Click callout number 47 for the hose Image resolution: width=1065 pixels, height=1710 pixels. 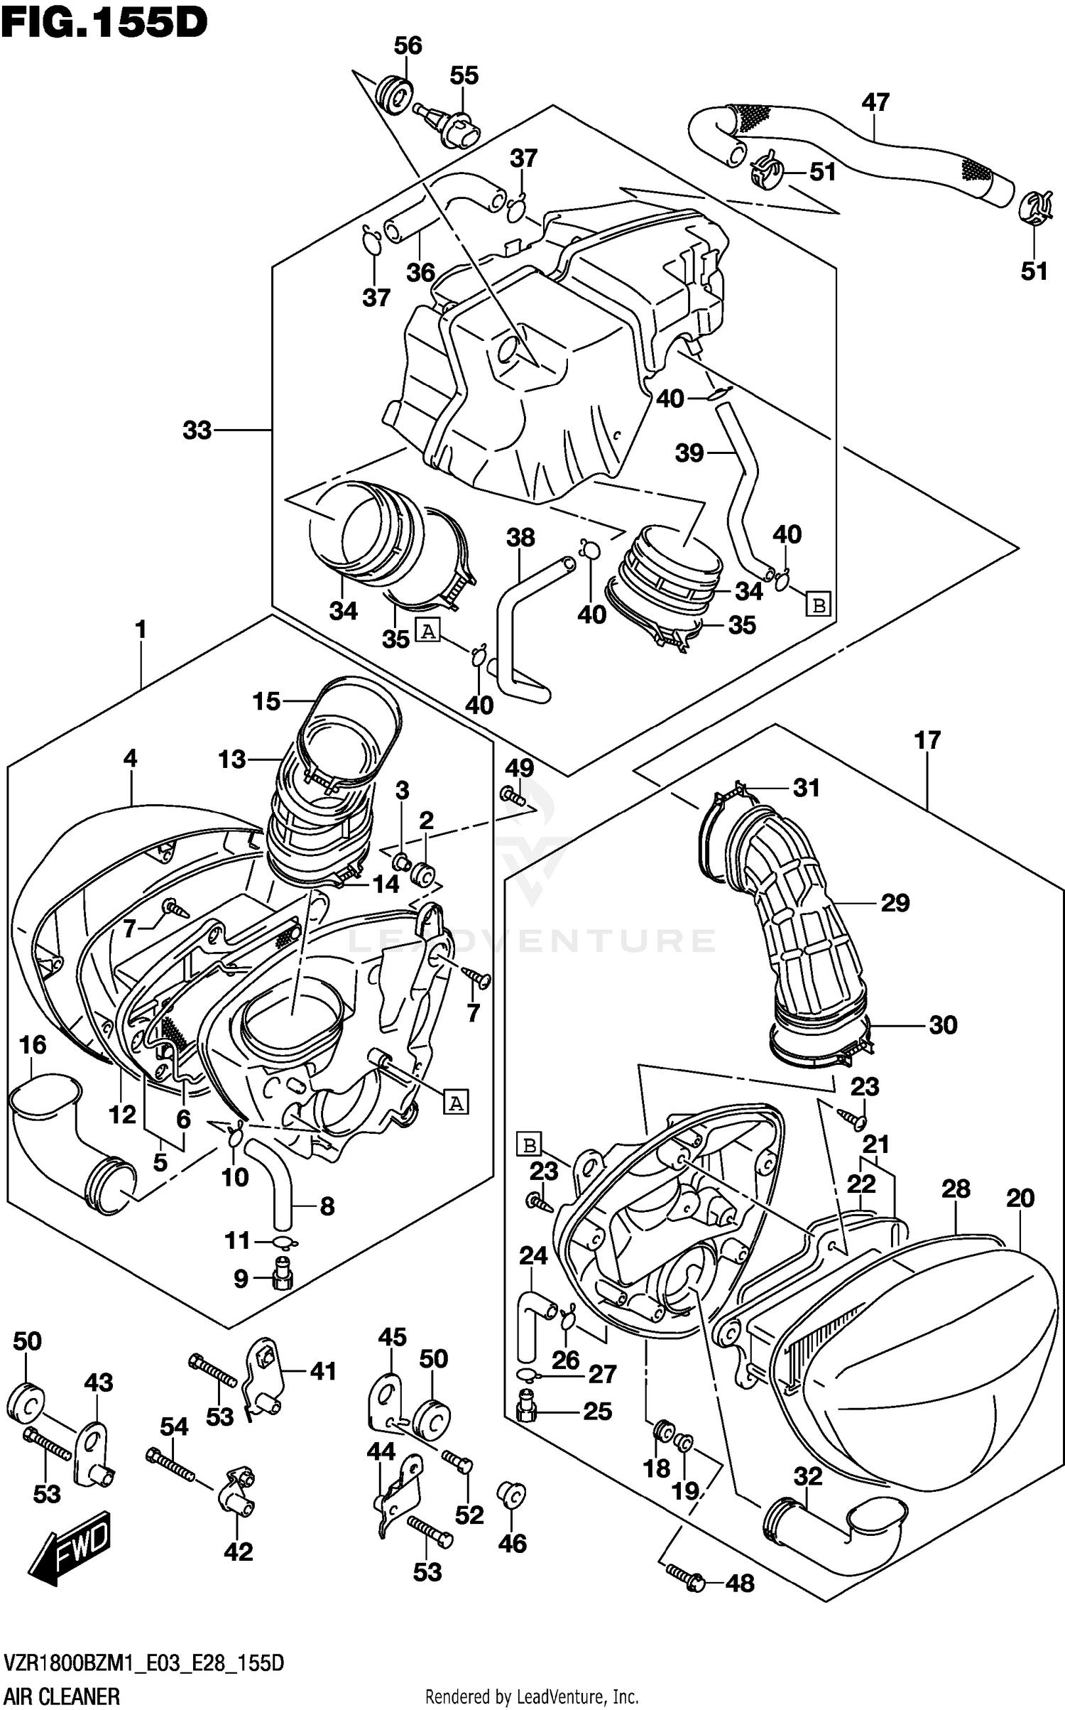point(875,102)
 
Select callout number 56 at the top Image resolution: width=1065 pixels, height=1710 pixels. point(408,46)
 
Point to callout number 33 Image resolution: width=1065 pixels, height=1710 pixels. point(197,430)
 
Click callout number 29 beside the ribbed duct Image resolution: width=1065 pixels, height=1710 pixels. point(895,903)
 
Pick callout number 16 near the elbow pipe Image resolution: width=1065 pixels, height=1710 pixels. point(33,1045)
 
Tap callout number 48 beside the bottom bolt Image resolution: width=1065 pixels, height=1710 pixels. point(741,1584)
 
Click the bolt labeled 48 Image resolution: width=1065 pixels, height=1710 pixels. point(686,1576)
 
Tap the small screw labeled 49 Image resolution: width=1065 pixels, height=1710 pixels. point(512,796)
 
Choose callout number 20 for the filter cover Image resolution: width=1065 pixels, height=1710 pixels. point(1020,1198)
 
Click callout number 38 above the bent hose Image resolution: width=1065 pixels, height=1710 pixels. point(520,538)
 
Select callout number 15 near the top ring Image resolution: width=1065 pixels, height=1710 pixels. point(266,702)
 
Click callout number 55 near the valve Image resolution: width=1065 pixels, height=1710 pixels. point(464,76)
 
